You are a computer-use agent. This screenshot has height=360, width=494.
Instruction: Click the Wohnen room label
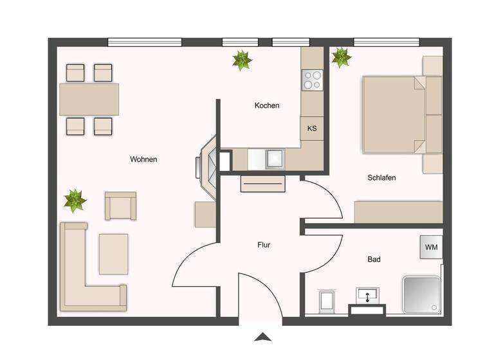click(143, 159)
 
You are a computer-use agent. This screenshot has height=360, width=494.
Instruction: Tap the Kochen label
click(267, 105)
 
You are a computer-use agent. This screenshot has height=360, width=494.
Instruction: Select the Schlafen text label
click(381, 177)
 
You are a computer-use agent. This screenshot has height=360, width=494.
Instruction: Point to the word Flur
click(264, 245)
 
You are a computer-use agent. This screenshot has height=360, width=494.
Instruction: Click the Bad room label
click(374, 260)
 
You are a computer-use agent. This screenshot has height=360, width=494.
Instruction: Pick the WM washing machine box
click(430, 246)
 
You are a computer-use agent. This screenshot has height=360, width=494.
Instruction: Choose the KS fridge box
click(312, 129)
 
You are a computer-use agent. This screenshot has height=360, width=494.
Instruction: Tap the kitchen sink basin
click(275, 158)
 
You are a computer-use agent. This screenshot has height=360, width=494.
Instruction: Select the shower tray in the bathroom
click(421, 294)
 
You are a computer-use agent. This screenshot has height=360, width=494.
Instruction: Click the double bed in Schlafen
click(394, 115)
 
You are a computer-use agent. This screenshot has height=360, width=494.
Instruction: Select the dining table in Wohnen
click(89, 99)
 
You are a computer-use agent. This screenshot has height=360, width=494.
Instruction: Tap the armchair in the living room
click(120, 206)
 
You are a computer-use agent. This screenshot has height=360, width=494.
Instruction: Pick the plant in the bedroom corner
click(341, 58)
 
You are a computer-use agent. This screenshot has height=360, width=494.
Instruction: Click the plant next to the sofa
click(75, 201)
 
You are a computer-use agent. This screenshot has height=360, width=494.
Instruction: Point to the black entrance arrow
click(262, 336)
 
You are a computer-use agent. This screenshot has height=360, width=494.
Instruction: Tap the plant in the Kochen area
click(242, 60)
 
